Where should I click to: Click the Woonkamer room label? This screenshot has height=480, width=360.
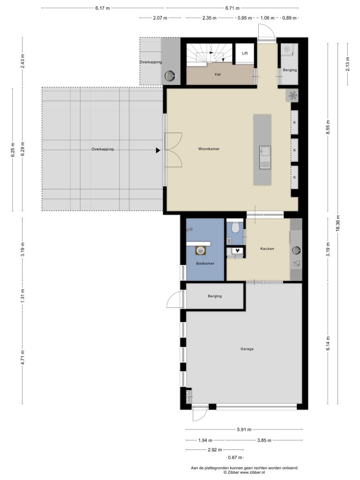point(209,149)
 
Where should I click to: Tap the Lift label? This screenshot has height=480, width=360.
point(245,53)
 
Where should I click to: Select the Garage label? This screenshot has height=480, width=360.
point(247,349)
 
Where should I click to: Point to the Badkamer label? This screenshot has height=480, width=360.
point(205,263)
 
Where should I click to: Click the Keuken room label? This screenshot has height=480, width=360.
point(267,248)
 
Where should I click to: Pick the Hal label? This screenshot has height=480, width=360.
point(217,75)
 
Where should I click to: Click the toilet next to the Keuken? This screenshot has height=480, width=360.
point(235,227)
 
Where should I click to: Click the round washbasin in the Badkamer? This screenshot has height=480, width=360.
point(201,250)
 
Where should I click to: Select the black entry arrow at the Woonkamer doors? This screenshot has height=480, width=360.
point(158,150)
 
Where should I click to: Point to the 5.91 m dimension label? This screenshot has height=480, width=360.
point(244,429)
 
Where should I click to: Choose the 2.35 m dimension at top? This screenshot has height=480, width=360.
point(210,18)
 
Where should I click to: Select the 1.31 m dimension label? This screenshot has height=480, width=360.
point(22,296)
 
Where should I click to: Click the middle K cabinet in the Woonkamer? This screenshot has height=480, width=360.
point(294,150)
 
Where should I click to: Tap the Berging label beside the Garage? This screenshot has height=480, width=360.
point(215,296)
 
